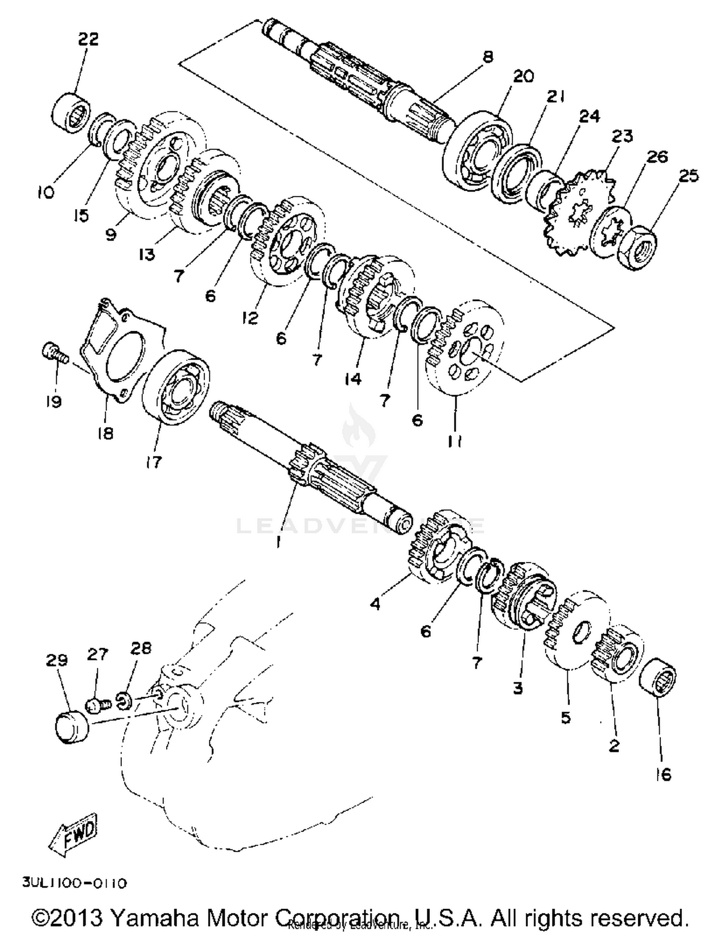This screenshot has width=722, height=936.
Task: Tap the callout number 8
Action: pyautogui.click(x=487, y=57)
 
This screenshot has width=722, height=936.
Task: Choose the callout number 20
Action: pyautogui.click(x=523, y=77)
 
